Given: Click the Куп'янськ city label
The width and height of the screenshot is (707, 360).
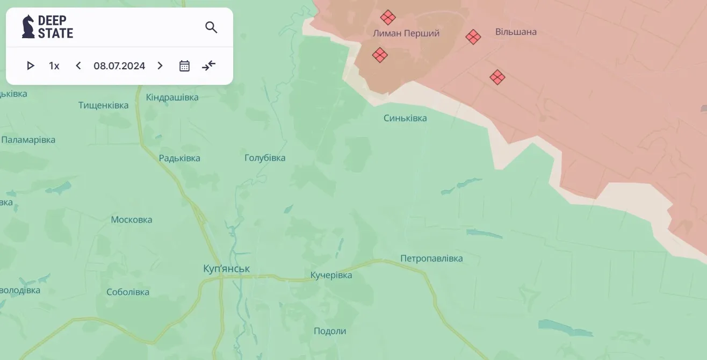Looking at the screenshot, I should (x=227, y=269).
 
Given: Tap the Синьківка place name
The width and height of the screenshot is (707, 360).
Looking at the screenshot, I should (x=405, y=118).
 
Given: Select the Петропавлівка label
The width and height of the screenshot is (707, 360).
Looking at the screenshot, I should (x=431, y=258).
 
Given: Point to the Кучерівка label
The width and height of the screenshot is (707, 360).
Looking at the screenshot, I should (x=331, y=276).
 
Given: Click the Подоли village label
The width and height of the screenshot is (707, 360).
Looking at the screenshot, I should (x=330, y=331).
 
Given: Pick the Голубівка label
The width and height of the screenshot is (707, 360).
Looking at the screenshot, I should (x=265, y=158).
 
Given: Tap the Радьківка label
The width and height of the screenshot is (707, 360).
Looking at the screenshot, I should (x=179, y=159).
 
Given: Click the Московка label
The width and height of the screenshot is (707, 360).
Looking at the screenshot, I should (x=132, y=220).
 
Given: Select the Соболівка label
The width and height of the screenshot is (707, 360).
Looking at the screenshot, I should (x=128, y=292).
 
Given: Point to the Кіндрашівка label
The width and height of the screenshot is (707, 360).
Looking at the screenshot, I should (x=172, y=98).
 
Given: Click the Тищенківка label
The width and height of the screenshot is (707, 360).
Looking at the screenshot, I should (x=104, y=105).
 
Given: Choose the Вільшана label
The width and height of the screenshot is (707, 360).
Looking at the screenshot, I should (x=516, y=32).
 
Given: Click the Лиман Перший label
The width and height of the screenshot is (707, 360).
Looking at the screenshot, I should (x=406, y=33).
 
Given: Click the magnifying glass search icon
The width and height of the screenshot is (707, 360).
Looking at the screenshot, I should (x=211, y=27).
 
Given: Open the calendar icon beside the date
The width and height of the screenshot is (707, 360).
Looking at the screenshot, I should (x=184, y=66).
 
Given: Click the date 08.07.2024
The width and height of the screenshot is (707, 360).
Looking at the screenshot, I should (x=119, y=66).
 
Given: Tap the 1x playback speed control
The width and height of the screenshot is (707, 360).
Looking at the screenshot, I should (x=54, y=66).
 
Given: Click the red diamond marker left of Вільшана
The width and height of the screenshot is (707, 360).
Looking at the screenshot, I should (x=473, y=37).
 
